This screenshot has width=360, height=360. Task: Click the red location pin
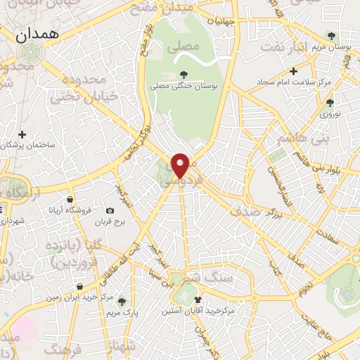pos(181,165)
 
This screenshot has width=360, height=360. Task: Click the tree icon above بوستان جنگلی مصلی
pos(184,73)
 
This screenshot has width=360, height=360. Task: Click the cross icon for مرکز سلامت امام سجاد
pos(293,70)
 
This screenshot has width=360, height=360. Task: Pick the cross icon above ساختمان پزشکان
pos(22,134)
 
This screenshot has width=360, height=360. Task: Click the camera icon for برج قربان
pos(110,210)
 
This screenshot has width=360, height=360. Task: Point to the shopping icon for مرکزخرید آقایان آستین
pos(207,298)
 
